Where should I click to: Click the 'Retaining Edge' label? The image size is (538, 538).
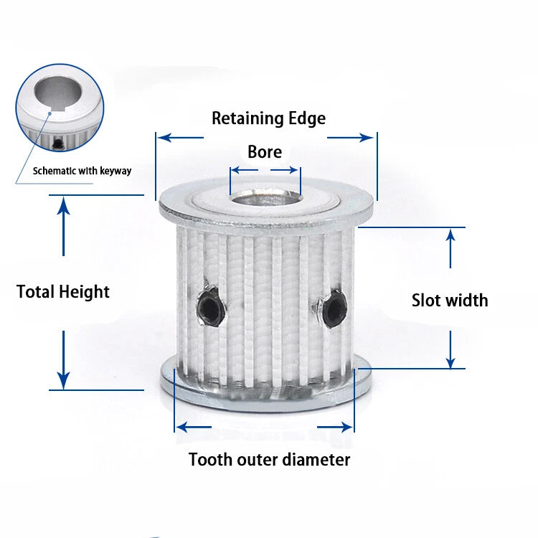click(x=269, y=118)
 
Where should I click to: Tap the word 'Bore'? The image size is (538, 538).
click(x=265, y=151)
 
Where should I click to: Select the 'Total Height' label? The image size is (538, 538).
click(x=63, y=292)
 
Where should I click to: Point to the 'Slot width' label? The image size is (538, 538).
click(x=450, y=301)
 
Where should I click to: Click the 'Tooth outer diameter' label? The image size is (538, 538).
click(x=269, y=459)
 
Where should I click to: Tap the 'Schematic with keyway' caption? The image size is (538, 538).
click(x=82, y=171)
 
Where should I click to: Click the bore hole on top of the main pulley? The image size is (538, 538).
click(x=265, y=198)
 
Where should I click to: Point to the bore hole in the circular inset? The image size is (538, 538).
click(x=58, y=93)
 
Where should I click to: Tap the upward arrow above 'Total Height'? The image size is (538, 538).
click(x=63, y=226)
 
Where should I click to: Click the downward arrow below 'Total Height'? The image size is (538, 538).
click(x=63, y=360)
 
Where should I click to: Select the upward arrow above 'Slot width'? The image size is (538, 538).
click(x=450, y=248)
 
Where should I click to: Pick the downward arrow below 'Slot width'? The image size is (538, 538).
click(x=450, y=349)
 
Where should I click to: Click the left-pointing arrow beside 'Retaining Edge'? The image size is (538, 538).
click(x=181, y=138)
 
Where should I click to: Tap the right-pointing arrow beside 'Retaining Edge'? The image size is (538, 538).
click(x=350, y=138)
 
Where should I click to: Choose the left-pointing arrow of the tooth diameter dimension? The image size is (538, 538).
click(x=194, y=428)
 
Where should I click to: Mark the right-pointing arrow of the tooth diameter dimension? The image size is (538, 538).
click(x=335, y=428)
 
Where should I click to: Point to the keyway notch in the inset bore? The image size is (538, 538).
click(x=49, y=113)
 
